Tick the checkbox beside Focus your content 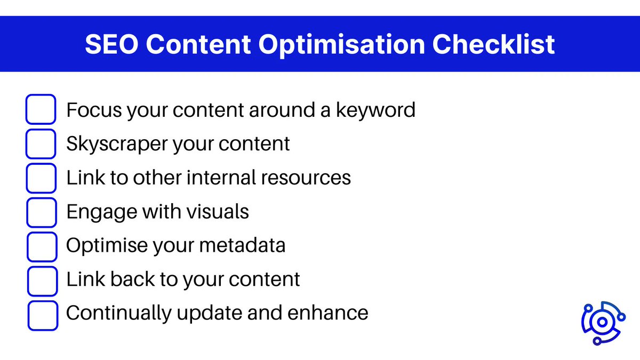point(41,109)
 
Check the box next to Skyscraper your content point(41,143)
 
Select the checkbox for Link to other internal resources point(41,178)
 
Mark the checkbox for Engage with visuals point(41,212)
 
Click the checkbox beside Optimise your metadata point(41,246)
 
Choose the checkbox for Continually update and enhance point(42,315)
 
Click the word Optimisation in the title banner point(349,45)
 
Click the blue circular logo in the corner point(602,322)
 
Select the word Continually point(117,313)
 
